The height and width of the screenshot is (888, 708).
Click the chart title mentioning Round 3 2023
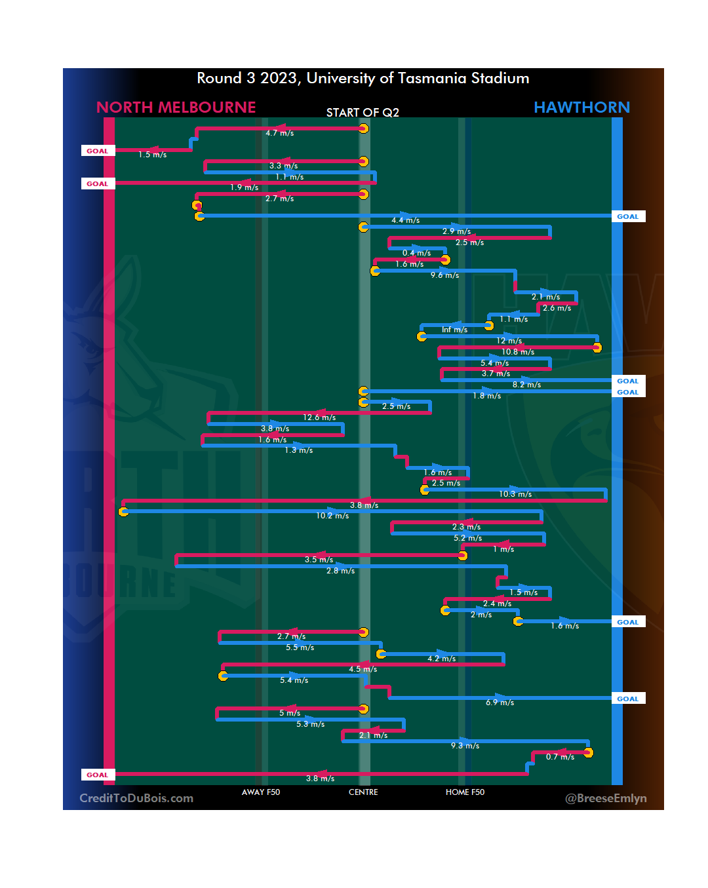(363, 79)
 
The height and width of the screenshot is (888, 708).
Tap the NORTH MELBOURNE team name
(176, 107)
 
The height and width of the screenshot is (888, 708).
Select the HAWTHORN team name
(581, 107)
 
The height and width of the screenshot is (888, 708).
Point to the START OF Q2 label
(363, 113)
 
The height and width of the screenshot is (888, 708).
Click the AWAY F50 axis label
(260, 792)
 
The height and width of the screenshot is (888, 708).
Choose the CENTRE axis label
(363, 792)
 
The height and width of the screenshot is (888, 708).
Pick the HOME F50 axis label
(465, 792)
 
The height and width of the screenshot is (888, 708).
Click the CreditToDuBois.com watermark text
(136, 798)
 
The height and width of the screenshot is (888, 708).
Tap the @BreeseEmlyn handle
(606, 798)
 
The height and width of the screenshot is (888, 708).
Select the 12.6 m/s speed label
(319, 417)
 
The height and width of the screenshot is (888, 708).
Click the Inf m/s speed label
(454, 330)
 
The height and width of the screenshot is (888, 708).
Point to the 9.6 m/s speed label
(444, 275)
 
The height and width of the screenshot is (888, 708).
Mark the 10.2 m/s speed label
(332, 516)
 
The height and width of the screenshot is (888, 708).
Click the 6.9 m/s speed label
(500, 703)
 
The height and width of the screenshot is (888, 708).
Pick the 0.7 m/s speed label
(560, 757)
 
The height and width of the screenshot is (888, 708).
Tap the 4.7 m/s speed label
(279, 133)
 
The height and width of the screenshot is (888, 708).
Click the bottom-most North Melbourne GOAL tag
(98, 775)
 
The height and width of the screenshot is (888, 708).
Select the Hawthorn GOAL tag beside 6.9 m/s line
(627, 699)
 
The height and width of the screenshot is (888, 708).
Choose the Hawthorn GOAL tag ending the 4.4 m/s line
(627, 216)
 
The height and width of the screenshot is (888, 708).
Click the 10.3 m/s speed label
(515, 494)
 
